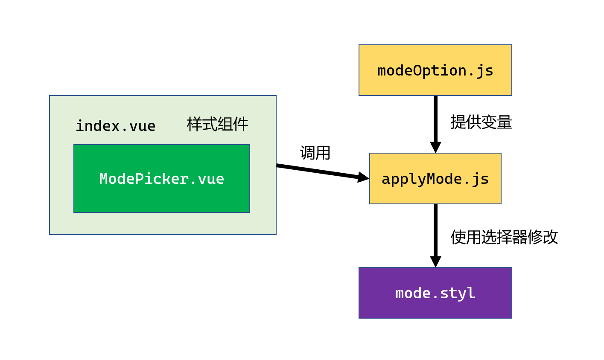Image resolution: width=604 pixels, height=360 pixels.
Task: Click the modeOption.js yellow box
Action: [435, 70]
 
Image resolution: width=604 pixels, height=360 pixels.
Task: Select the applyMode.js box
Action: [435, 178]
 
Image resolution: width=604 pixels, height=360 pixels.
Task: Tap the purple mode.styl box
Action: [435, 293]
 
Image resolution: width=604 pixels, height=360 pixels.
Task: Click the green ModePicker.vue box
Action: [161, 178]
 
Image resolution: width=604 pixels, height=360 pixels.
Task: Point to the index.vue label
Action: [115, 126]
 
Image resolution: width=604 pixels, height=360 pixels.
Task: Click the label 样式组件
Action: [217, 125]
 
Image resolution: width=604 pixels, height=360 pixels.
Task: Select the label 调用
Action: [315, 153]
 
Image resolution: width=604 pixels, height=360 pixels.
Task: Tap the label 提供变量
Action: [481, 122]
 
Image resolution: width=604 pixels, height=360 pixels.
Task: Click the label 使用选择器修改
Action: [504, 237]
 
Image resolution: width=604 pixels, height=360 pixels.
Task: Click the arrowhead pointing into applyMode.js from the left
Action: [363, 177]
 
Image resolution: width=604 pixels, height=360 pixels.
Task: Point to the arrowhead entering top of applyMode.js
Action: [435, 147]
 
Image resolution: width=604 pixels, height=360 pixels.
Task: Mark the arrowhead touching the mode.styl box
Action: [435, 261]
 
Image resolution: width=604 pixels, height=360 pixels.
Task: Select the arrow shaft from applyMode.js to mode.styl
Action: [435, 230]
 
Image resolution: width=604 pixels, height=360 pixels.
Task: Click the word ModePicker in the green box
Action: [143, 179]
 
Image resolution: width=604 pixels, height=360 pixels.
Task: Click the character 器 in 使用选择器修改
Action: [519, 237]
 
